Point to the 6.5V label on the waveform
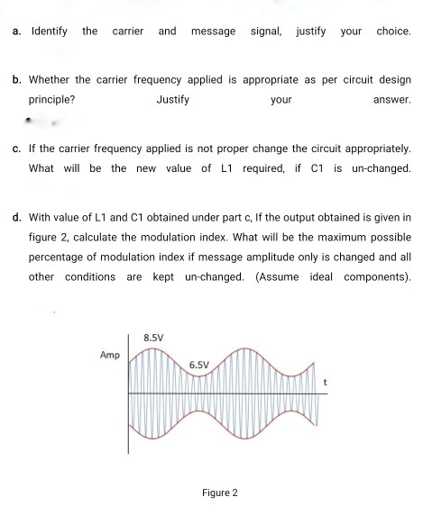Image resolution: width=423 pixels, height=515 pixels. (x=199, y=366)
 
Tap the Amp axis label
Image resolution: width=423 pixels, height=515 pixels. (x=110, y=356)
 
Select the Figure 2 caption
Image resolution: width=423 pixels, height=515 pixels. (x=220, y=493)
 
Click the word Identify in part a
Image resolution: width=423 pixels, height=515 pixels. (x=49, y=32)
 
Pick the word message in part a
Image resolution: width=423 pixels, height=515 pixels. (x=213, y=32)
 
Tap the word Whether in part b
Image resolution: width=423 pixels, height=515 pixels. (x=53, y=80)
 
